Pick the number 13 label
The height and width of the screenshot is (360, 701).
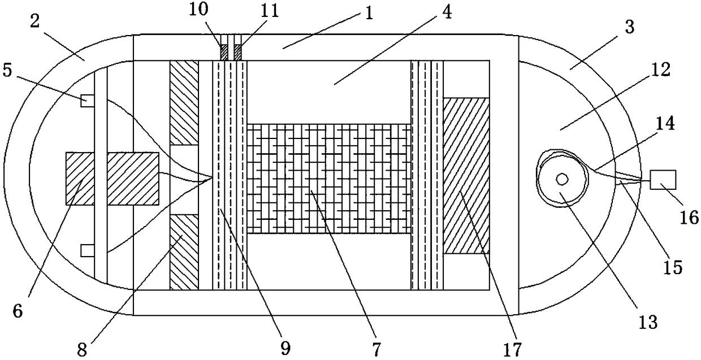pos(648,321)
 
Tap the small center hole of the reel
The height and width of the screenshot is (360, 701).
pos(562,179)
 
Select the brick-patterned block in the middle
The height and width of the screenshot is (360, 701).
pos(329,179)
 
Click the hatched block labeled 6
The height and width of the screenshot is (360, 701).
pos(112,178)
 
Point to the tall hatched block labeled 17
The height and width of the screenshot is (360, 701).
pos(466,176)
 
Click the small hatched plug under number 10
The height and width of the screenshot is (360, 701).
pos(224,53)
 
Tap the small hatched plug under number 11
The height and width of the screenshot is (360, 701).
pos(237,53)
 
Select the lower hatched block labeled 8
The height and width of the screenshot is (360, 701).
pos(184,251)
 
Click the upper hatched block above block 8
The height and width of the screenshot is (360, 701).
pos(184,102)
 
